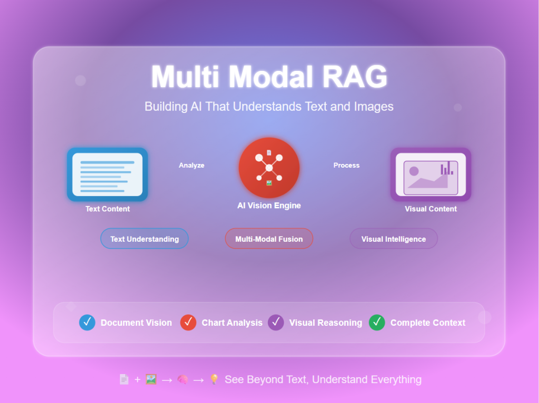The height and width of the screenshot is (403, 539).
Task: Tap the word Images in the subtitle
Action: click(374, 107)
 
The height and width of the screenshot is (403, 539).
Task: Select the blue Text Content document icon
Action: click(107, 174)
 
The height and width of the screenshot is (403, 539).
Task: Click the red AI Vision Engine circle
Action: click(269, 168)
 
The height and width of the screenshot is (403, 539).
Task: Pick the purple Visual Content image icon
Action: click(431, 174)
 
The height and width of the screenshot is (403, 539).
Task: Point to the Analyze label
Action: click(192, 166)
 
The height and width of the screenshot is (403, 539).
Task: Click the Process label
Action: click(346, 166)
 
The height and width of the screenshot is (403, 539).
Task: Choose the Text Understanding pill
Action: click(144, 239)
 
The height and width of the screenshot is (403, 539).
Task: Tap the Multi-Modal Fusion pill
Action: click(269, 239)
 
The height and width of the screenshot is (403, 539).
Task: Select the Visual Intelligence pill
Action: click(394, 239)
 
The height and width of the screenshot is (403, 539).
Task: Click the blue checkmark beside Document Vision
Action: click(87, 323)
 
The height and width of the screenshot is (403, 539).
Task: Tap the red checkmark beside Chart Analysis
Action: click(188, 323)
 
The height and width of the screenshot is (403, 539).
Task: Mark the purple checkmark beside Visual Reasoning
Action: click(276, 323)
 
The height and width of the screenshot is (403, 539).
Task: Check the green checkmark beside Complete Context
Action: click(377, 323)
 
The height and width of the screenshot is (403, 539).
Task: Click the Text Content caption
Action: click(107, 209)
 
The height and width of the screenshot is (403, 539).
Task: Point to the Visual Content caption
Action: click(431, 209)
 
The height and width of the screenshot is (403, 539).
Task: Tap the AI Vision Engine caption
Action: click(269, 205)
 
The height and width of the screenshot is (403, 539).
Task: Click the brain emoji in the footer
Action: click(183, 379)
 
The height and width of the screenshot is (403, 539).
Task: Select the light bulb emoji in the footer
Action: click(214, 379)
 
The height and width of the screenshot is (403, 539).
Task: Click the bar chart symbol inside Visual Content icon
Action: click(446, 168)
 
